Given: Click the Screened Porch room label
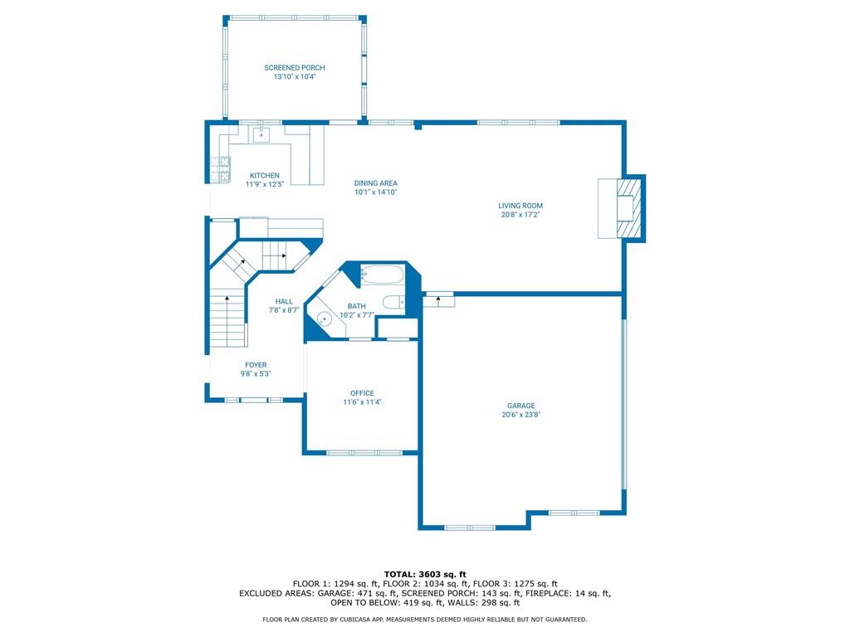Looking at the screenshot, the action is click(295, 68).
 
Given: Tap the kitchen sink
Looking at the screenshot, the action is click(261, 134).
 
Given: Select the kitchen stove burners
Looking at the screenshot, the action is click(223, 168).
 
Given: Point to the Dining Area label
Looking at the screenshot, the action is click(376, 183).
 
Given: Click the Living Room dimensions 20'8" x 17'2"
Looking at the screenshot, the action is click(520, 215).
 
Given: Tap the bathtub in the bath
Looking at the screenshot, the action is click(382, 275).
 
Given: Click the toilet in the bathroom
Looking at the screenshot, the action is click(393, 301).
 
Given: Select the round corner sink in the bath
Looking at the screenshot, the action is click(325, 318).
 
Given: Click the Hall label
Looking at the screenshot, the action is click(284, 302).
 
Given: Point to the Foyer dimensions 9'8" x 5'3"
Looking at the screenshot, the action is click(256, 374).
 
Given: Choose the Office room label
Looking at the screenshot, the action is click(362, 393).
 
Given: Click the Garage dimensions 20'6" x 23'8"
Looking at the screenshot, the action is click(521, 415).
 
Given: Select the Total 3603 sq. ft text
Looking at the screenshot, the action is click(425, 574).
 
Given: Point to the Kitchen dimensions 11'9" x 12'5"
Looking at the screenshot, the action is click(265, 184).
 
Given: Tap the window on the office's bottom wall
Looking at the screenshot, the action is click(364, 453).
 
